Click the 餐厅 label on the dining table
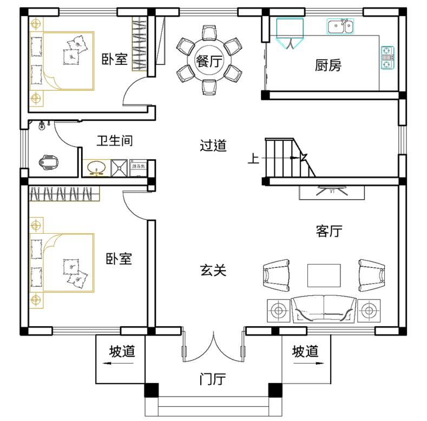[208, 61]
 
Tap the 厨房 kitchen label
[328, 66]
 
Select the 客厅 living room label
[329, 232]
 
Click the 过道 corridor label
[213, 146]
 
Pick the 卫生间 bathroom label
[115, 141]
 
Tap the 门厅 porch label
[212, 380]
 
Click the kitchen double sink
[340, 25]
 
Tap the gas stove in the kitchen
[387, 58]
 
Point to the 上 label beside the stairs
[253, 159]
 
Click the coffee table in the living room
[324, 275]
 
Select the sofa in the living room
[324, 310]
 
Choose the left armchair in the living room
[277, 274]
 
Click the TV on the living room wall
[331, 191]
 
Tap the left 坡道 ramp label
[122, 352]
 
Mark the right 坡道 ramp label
[305, 352]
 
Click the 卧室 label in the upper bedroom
[115, 59]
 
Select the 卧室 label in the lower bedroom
[119, 259]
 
